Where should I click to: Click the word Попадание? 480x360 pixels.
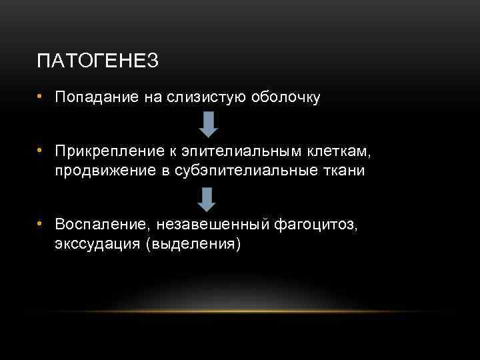coord(97,98)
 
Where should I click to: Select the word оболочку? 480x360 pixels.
coord(285,98)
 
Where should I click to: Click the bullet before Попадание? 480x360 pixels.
coord(41,97)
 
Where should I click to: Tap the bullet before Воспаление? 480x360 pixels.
coord(41,225)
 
